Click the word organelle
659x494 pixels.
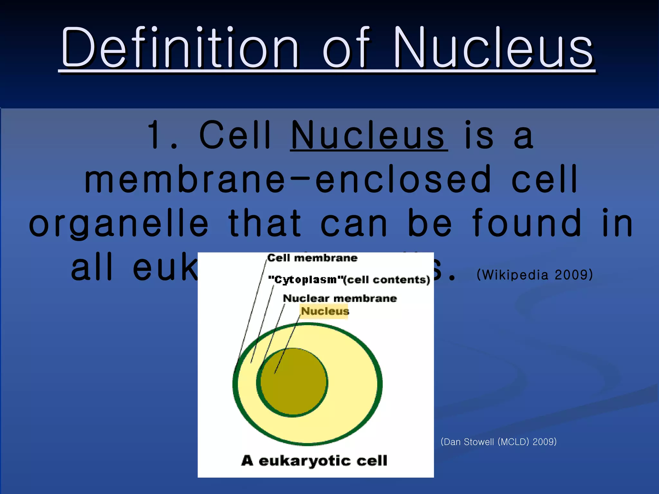click(x=119, y=223)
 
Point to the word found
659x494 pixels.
click(x=528, y=223)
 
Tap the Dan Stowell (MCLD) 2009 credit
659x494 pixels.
click(x=498, y=442)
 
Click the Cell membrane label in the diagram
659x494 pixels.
click(x=312, y=258)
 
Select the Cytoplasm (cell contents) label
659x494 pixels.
click(x=349, y=279)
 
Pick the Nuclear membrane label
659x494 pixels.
click(x=340, y=298)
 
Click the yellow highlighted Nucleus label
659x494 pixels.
click(x=325, y=311)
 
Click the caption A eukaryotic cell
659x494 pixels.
click(x=314, y=461)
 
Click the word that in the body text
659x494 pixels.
click(x=265, y=223)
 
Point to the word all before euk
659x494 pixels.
click(x=92, y=267)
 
